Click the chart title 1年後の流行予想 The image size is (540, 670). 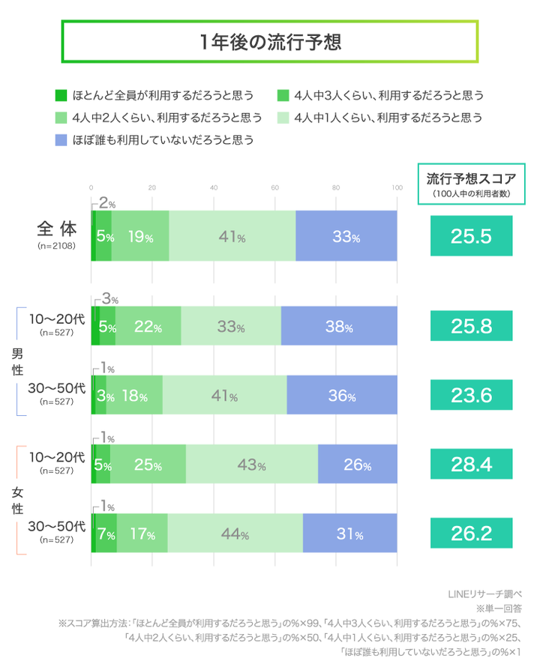pyautogui.click(x=269, y=42)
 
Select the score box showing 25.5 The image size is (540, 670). pyautogui.click(x=471, y=236)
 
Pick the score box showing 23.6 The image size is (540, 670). pyautogui.click(x=471, y=395)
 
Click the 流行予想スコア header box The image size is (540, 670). pyautogui.click(x=471, y=184)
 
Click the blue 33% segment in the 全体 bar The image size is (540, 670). pyautogui.click(x=346, y=236)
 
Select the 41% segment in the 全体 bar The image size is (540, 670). pyautogui.click(x=232, y=236)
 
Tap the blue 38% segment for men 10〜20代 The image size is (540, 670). pyautogui.click(x=339, y=326)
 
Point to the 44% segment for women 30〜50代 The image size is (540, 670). pyautogui.click(x=235, y=533)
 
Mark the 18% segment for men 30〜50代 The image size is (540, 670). pyautogui.click(x=134, y=395)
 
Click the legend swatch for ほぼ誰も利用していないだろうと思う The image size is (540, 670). pyautogui.click(x=61, y=139)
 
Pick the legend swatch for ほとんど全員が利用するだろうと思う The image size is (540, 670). pyautogui.click(x=61, y=95)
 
